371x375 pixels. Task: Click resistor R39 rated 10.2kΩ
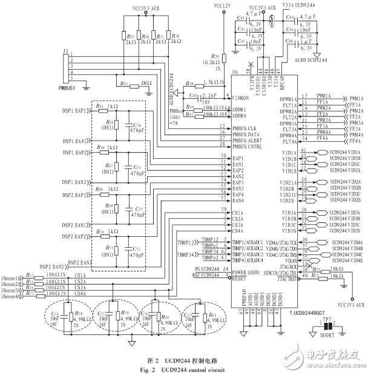point(224,59)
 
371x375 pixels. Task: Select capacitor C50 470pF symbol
point(128,128)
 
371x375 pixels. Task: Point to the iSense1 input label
point(10,275)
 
